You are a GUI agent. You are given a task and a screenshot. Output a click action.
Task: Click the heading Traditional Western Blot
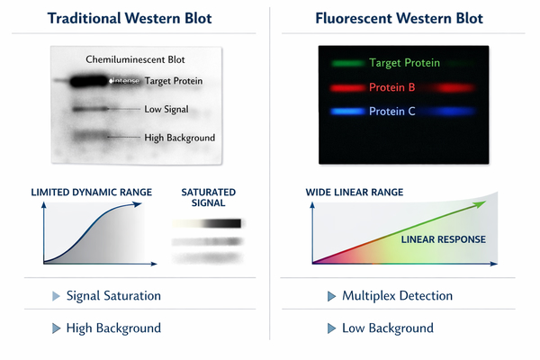click(134, 19)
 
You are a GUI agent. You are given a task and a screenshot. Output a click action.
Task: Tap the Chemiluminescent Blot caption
click(134, 58)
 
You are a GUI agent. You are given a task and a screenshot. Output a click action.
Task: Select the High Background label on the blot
click(179, 138)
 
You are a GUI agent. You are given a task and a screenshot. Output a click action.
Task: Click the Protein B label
click(391, 88)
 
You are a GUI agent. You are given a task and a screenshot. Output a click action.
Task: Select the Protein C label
click(391, 112)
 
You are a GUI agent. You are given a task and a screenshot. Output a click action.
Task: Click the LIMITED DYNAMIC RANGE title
click(91, 193)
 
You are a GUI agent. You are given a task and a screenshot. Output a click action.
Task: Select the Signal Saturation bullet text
click(114, 295)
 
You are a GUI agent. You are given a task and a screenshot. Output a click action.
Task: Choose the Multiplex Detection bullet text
click(397, 295)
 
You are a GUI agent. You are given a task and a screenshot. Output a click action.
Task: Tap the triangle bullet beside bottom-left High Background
click(55, 328)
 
